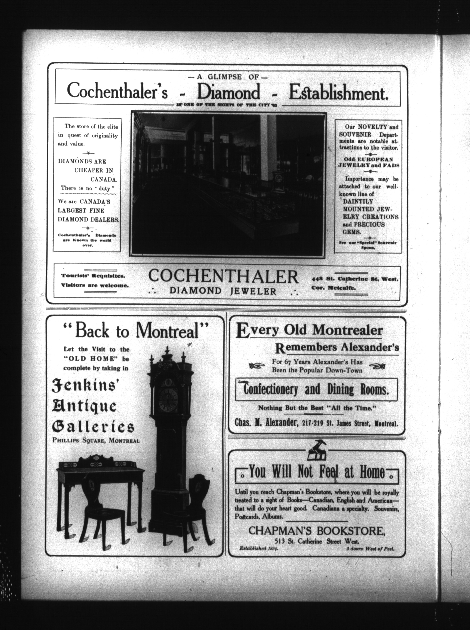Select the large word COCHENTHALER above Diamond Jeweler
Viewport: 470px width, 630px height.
(223, 277)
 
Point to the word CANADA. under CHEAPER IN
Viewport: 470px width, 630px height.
(104, 179)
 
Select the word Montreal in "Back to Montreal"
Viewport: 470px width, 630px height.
(167, 331)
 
